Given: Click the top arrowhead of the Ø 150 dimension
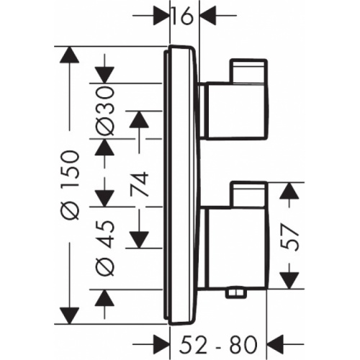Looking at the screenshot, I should point(70,56).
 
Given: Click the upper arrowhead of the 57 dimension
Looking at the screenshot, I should point(289,191).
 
